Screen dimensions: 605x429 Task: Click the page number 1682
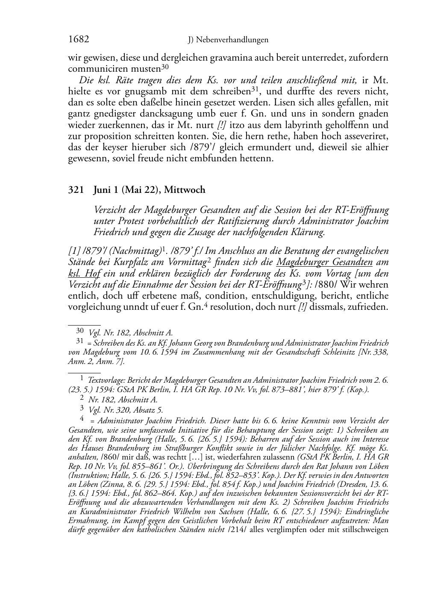point(79,40)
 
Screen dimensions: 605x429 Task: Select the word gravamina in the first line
point(231,58)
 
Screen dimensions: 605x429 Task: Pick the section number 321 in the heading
point(76,190)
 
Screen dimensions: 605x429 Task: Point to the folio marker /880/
point(326,285)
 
